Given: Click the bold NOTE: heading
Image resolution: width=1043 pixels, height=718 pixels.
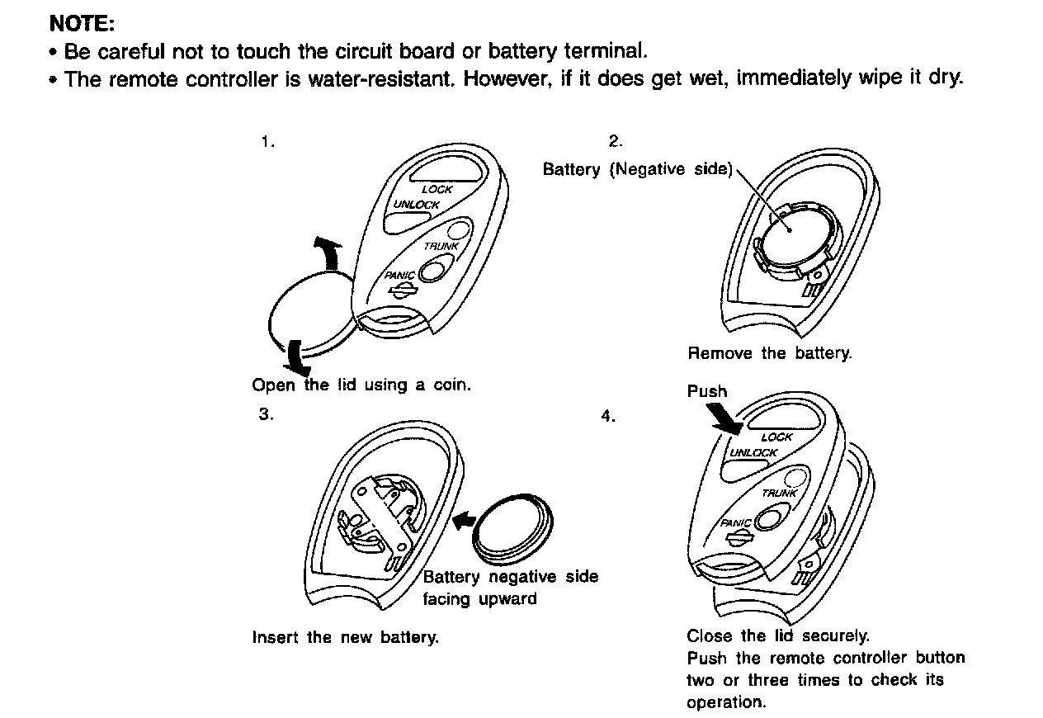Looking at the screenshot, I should click(x=81, y=21).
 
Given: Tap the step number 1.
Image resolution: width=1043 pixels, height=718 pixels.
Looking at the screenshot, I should click(x=266, y=142).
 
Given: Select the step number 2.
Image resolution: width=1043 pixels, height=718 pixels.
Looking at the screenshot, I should click(x=615, y=141).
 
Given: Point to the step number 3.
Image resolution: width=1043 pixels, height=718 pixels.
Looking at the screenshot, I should click(x=266, y=414).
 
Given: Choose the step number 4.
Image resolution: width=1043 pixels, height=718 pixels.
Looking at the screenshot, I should click(x=608, y=416).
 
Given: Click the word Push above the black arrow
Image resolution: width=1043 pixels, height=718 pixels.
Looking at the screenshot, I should click(x=707, y=391).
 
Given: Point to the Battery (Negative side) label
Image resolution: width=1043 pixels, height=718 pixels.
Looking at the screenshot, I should click(x=637, y=169).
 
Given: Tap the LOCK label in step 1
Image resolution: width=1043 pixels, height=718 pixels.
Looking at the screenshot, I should click(x=437, y=190).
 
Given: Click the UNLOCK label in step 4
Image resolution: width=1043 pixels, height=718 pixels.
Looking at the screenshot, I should click(x=753, y=453).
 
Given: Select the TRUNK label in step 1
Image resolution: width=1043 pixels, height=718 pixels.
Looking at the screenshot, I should click(x=441, y=246).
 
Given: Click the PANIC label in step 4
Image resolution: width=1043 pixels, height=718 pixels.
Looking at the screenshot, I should click(x=736, y=523).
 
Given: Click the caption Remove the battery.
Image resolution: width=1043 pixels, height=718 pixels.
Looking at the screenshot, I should click(x=769, y=353).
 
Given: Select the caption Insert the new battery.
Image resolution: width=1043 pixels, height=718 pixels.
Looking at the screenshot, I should click(x=345, y=637).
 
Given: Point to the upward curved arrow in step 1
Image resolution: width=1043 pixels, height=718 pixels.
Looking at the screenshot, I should click(x=328, y=252).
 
